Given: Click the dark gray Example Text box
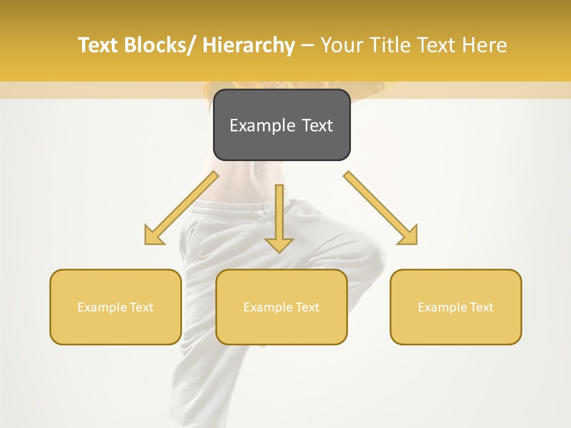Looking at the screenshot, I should pos(281,125).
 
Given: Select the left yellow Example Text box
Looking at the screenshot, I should pos(115,307).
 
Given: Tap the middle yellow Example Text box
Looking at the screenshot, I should pos(281,307).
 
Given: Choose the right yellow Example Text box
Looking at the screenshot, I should pos(456,307).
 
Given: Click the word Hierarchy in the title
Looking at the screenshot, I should pos(249,45).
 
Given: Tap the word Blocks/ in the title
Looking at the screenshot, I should pos(162,45).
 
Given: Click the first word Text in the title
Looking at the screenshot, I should pos(99,45).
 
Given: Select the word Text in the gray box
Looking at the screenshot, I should pos(317,125).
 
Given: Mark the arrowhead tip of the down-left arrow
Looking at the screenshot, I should pos(146,244).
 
